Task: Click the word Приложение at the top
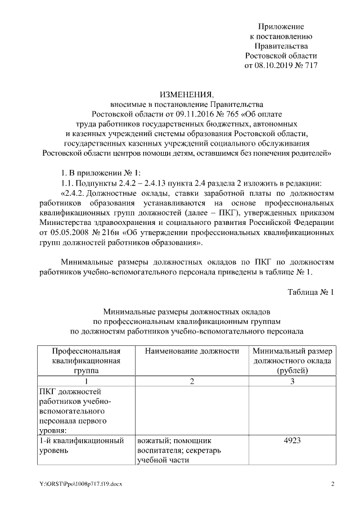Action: [281, 26]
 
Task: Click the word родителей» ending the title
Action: [309, 152]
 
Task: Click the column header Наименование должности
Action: [192, 351]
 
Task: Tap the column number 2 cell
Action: [192, 382]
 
